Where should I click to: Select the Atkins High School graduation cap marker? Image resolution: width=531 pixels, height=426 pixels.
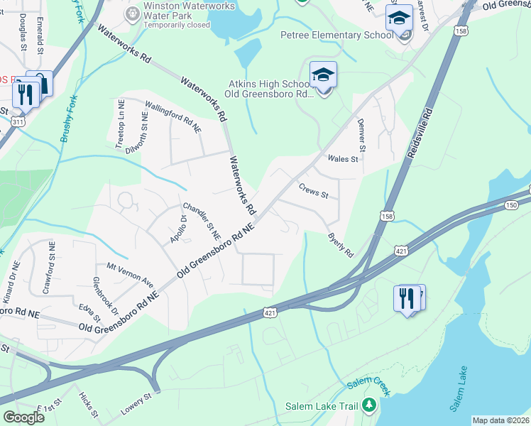tap(323, 75)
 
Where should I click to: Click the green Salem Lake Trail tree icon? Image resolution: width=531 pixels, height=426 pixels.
tap(368, 405)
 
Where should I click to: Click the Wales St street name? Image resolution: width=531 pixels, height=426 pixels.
tap(342, 159)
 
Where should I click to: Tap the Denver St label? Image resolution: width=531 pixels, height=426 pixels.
tap(361, 136)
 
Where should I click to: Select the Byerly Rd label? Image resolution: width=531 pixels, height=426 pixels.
tap(340, 245)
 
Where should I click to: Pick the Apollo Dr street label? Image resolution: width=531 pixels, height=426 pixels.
tap(177, 229)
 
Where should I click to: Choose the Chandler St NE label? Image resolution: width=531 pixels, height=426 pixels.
tap(202, 222)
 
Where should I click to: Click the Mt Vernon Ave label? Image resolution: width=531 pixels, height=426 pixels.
tap(130, 274)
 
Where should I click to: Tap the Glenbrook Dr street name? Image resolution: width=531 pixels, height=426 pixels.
tap(105, 292)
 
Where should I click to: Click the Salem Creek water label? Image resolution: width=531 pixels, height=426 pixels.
tap(369, 386)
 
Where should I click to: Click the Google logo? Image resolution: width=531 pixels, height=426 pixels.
tap(23, 417)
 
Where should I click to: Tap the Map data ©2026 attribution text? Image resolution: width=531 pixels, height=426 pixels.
tap(500, 420)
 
